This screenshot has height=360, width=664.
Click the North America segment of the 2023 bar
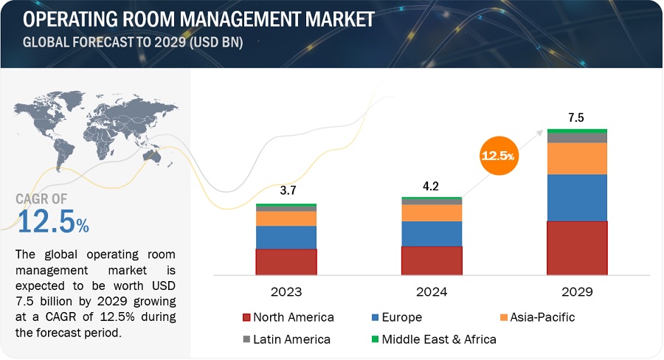[286, 262]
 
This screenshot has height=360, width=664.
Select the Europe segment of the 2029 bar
[577, 198]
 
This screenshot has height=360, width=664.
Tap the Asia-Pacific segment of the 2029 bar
[577, 158]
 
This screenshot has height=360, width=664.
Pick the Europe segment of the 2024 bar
[432, 233]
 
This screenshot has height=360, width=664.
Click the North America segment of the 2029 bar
[577, 248]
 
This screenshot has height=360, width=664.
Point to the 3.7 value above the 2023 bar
[286, 190]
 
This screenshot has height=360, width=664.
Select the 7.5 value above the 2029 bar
[577, 117]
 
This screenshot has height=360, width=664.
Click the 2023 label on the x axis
[286, 292]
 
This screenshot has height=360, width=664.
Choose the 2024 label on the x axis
[432, 292]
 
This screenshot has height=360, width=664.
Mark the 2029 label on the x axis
[577, 292]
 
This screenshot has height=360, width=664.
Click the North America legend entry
[288, 318]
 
